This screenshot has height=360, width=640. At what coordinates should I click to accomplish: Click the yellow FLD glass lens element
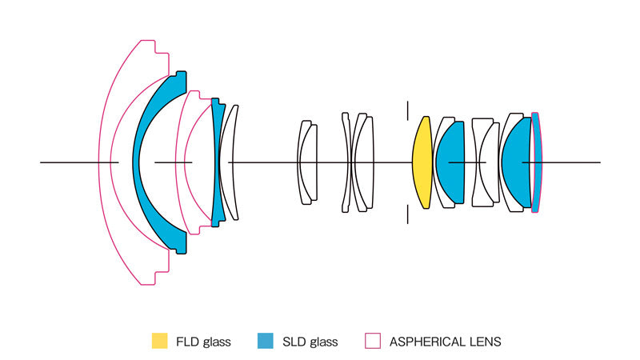coord(422,162)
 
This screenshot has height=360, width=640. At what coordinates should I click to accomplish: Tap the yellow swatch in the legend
coord(160,341)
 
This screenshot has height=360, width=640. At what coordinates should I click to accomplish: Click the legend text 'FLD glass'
coord(204,342)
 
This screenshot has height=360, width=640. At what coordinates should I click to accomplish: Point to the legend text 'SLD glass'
coord(310,342)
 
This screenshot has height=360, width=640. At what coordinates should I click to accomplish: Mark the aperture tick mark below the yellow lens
coord(407,214)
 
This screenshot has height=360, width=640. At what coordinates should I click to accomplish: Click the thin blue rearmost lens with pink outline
coord(537,162)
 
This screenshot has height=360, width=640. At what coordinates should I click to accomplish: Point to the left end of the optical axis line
coord(42,162)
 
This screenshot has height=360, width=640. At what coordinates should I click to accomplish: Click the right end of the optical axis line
coord(598,162)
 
